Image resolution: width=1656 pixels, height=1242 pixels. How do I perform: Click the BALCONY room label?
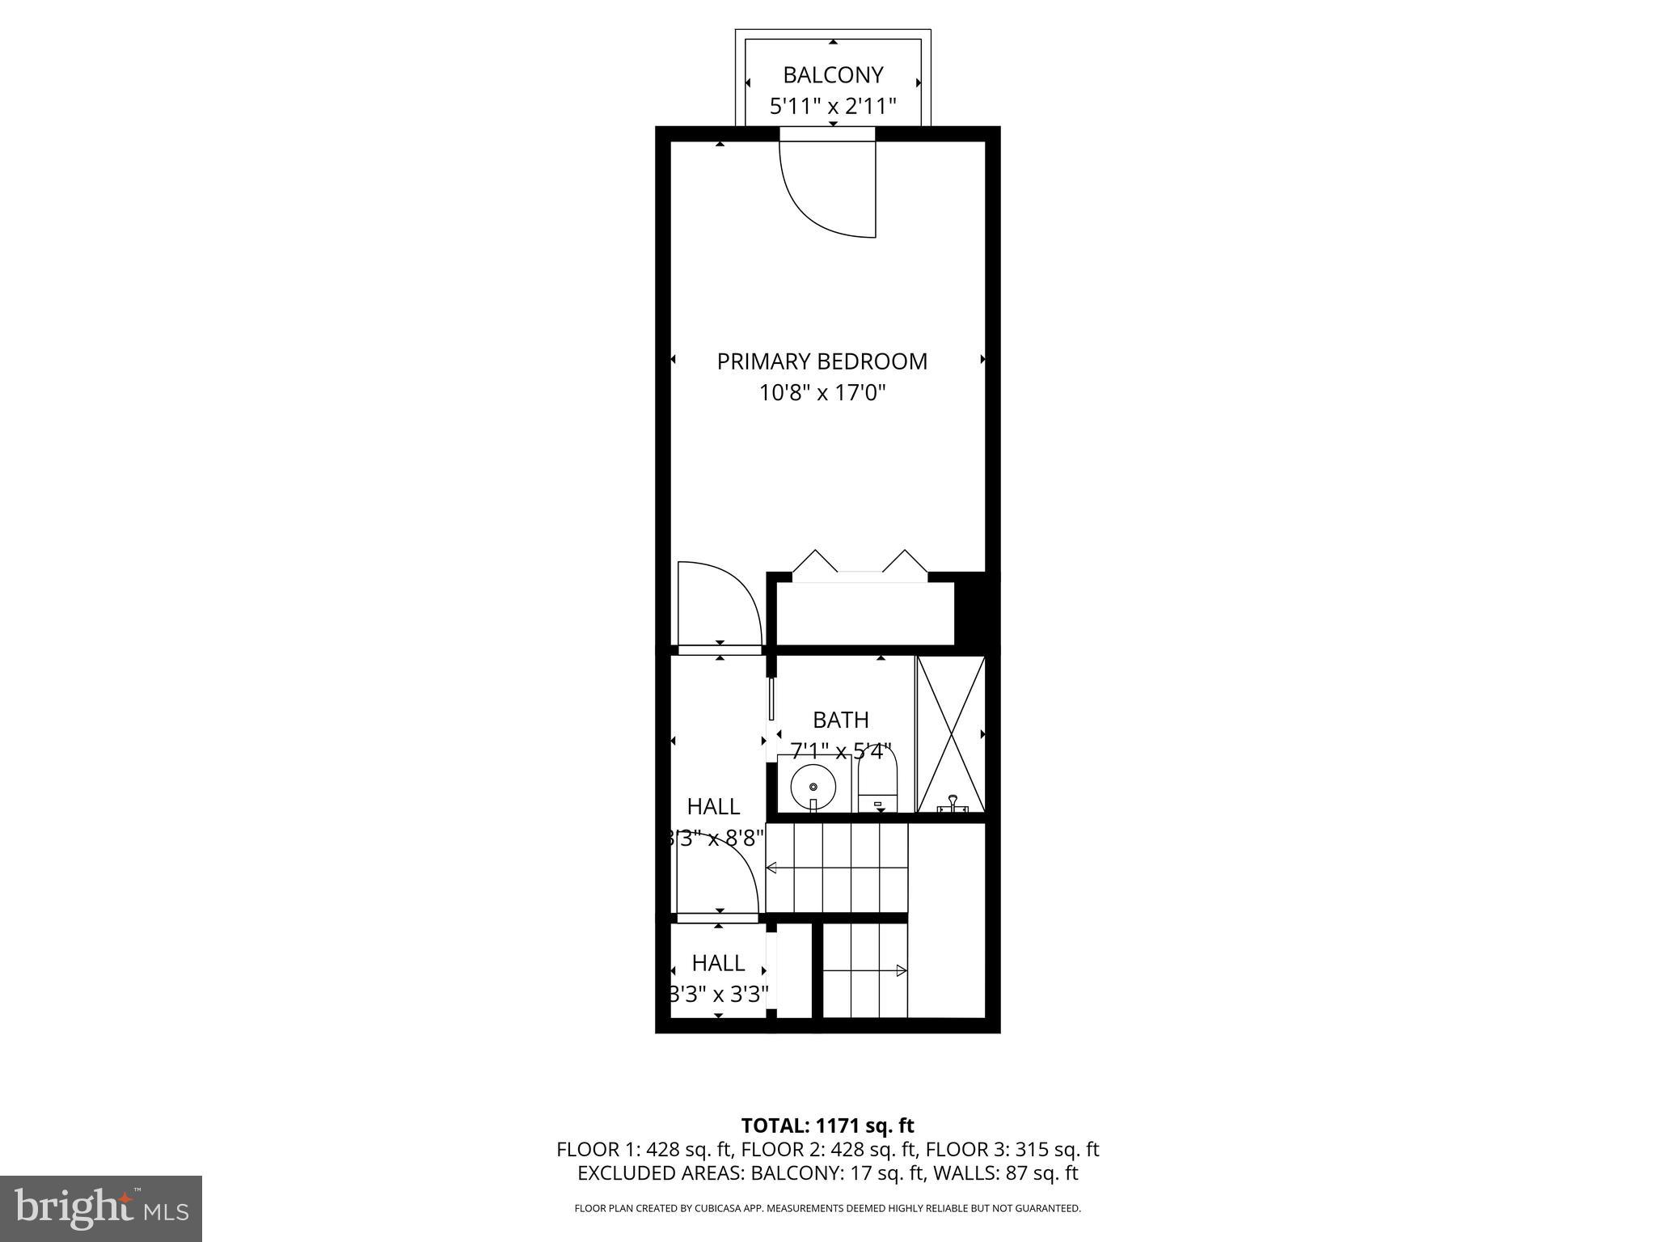point(832,75)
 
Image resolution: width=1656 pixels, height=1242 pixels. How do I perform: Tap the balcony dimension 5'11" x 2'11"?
point(832,106)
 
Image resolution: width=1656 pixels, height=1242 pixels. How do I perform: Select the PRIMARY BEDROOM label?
point(822,361)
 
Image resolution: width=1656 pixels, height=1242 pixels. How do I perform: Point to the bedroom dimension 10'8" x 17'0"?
point(822,394)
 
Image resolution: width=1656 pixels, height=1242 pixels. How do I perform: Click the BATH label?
point(840,720)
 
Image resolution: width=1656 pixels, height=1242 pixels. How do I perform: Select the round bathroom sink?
point(813,785)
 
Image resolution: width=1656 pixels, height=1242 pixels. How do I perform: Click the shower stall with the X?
point(951,734)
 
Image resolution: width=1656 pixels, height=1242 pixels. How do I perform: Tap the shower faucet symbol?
point(953,805)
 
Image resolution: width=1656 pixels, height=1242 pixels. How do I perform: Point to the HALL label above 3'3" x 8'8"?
point(713,806)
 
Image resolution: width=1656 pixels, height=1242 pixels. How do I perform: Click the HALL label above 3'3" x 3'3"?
point(718,963)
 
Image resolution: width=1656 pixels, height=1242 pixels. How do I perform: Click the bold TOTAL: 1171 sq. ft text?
point(827,1126)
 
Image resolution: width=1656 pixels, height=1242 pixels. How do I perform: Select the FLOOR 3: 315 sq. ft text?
point(1012,1149)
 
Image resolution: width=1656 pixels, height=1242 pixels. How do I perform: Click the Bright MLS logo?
point(101,1208)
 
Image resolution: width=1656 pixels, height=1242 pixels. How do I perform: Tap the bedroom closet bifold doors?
point(860,564)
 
